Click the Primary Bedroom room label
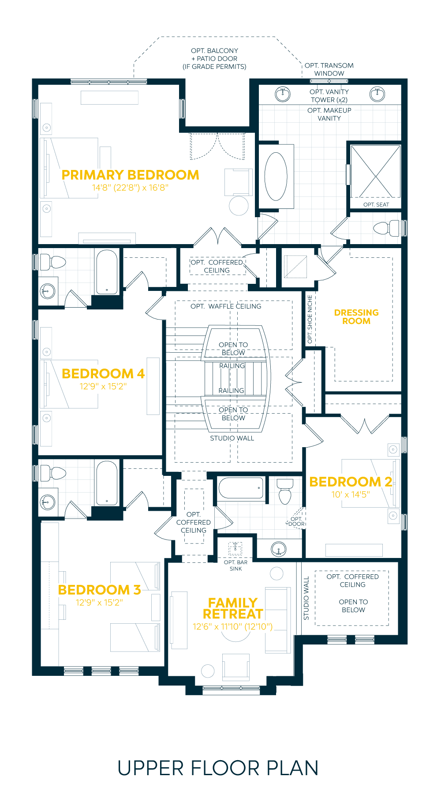coord(130,175)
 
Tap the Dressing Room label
coord(356,317)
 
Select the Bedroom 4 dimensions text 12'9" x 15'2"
coord(103,386)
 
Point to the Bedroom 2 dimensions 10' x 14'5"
coord(351,494)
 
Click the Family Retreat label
coord(233,608)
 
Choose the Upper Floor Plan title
coord(218,768)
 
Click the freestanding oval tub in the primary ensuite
coord(276,177)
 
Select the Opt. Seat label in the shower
coord(376,204)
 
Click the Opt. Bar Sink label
coord(235,565)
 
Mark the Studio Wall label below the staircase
coord(232,438)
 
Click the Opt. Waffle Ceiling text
coord(226,306)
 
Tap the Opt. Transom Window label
coord(329,69)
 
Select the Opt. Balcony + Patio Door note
coord(215,59)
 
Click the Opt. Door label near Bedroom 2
coord(296,521)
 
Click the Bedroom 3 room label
coord(99,590)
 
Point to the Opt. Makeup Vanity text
coord(329,114)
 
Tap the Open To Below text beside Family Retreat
coord(353,606)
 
